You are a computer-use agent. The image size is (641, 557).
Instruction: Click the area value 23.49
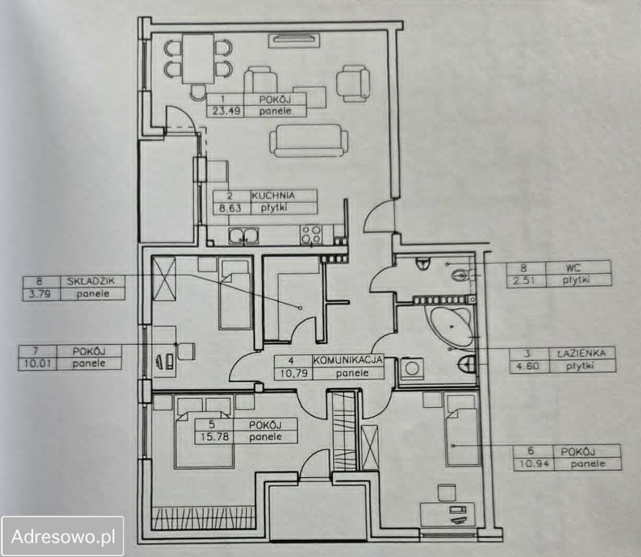(x=225, y=111)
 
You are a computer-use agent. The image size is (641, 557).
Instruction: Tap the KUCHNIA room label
(x=273, y=196)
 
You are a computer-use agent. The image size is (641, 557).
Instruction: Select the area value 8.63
(x=230, y=208)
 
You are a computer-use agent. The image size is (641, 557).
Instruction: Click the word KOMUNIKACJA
(x=348, y=360)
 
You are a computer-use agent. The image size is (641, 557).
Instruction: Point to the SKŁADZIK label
(x=88, y=281)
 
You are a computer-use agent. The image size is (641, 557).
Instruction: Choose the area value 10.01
(x=38, y=363)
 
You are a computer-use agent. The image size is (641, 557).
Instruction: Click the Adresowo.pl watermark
(x=63, y=536)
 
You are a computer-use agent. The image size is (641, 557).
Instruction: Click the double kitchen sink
(x=244, y=236)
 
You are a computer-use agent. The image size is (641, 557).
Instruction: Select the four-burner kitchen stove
(x=311, y=234)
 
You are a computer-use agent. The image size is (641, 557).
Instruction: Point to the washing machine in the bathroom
(x=412, y=368)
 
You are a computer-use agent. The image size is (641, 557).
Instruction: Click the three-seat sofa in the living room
(x=309, y=140)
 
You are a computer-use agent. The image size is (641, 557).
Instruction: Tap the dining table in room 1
(x=198, y=59)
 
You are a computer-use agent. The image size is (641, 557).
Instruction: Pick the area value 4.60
(x=527, y=366)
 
